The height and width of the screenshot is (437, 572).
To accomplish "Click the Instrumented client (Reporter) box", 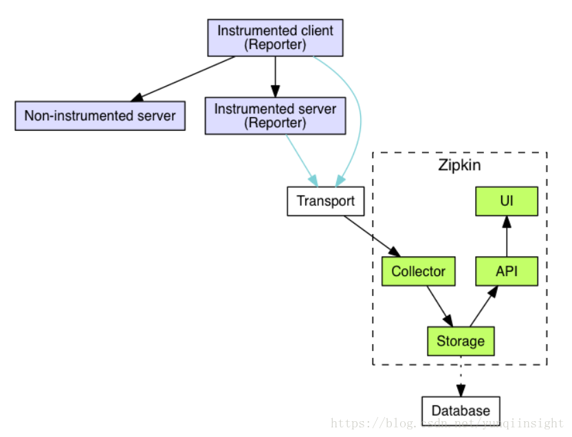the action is pyautogui.click(x=275, y=38).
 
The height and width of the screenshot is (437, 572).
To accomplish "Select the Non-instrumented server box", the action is pyautogui.click(x=100, y=116).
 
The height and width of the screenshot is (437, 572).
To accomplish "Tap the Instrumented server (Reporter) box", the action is pyautogui.click(x=275, y=116).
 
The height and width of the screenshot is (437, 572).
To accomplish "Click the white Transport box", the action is pyautogui.click(x=325, y=201).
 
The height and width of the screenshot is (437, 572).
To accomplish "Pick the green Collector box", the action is pyautogui.click(x=419, y=271).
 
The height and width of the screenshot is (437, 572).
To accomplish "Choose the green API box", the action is pyautogui.click(x=506, y=271).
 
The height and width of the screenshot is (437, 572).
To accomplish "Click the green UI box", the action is pyautogui.click(x=506, y=201).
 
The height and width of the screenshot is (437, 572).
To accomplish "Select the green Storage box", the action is pyautogui.click(x=461, y=341).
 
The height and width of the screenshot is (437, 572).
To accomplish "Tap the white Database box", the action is pyautogui.click(x=461, y=411).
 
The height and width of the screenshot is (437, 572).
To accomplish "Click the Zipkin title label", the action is pyautogui.click(x=459, y=165).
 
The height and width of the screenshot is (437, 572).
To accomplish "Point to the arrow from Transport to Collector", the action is pyautogui.click(x=372, y=236).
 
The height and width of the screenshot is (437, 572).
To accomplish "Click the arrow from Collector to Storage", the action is pyautogui.click(x=440, y=306).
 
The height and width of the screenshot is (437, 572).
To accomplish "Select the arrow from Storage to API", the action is pyautogui.click(x=484, y=306).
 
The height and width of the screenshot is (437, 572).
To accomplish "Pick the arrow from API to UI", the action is pyautogui.click(x=507, y=236).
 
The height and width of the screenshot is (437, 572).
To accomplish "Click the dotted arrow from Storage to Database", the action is pyautogui.click(x=461, y=376).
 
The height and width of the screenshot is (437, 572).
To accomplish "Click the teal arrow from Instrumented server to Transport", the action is pyautogui.click(x=302, y=160).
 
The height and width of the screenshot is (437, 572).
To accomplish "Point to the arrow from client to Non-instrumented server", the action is pyautogui.click(x=182, y=79).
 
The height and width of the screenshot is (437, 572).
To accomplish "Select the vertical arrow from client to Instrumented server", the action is pyautogui.click(x=276, y=76).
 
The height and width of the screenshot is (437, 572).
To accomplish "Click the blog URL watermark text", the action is pyautogui.click(x=448, y=423).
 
